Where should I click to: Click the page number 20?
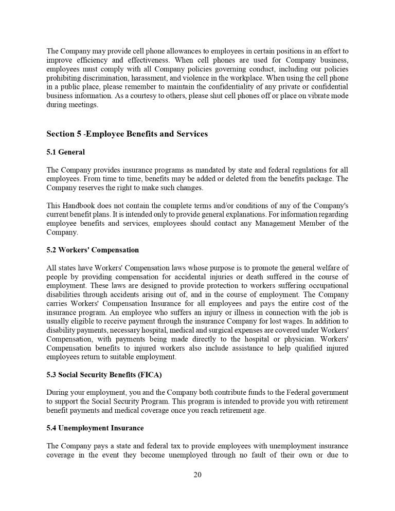pos(197,474)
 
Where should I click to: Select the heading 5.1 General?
pos(65,152)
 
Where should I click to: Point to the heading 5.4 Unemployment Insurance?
pos(95,428)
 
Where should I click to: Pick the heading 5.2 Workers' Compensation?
pos(93,250)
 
